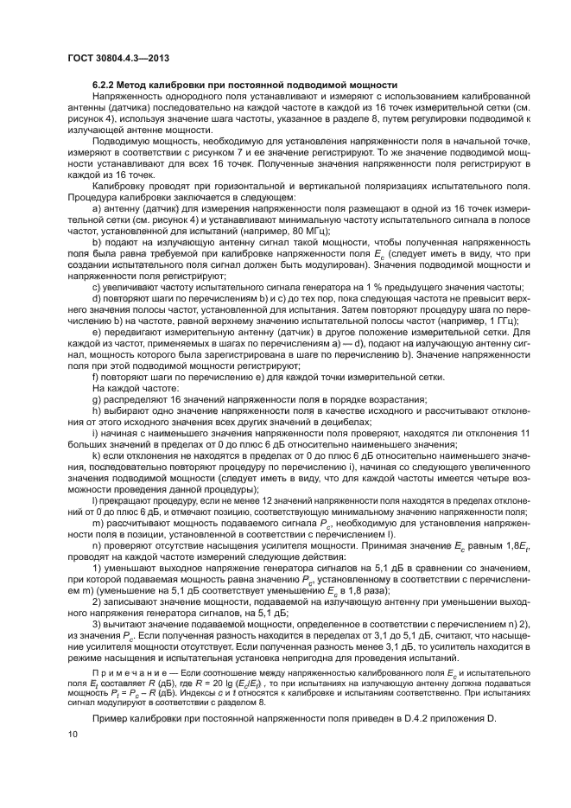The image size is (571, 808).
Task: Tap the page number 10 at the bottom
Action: tap(72, 734)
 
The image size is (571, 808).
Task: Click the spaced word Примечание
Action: tap(125, 670)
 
